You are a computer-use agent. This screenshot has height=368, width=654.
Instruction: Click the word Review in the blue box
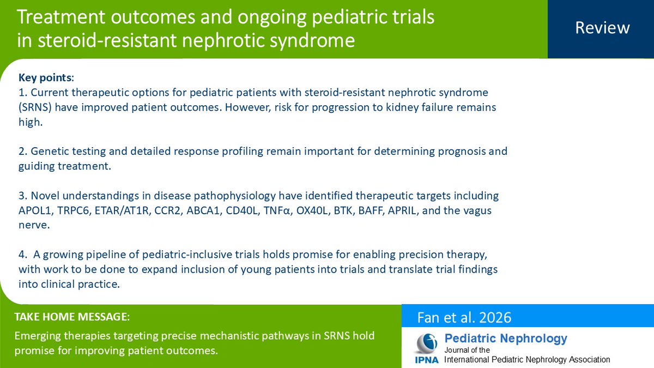pos(602,28)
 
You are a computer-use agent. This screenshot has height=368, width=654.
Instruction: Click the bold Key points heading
pos(45,78)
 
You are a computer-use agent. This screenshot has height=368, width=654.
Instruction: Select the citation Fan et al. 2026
pos(464,317)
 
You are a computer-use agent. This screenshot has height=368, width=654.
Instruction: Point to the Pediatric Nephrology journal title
pos(506,339)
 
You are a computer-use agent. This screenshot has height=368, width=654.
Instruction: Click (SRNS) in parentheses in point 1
pos(37,107)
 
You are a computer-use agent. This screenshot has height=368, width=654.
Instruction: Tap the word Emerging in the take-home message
pos(37,336)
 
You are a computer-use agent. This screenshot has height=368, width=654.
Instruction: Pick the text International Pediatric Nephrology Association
pos(527,360)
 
